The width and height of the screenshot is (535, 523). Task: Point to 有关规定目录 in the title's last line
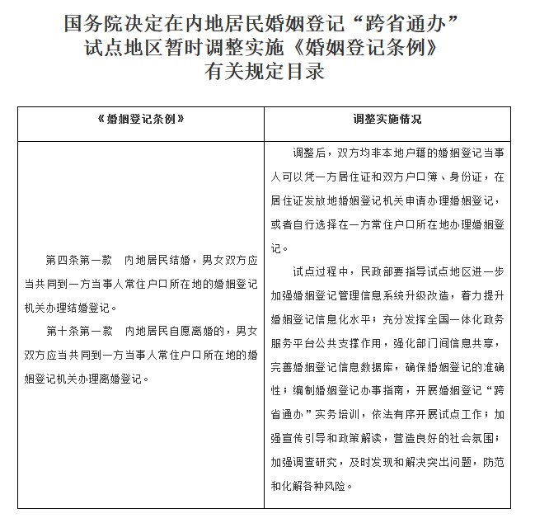[x=266, y=73]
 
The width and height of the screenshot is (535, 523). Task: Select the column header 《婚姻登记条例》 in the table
[x=140, y=120]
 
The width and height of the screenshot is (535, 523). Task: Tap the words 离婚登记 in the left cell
[x=122, y=379]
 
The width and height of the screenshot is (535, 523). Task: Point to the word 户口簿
[x=448, y=177]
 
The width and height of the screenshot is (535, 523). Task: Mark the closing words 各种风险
[x=327, y=484]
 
